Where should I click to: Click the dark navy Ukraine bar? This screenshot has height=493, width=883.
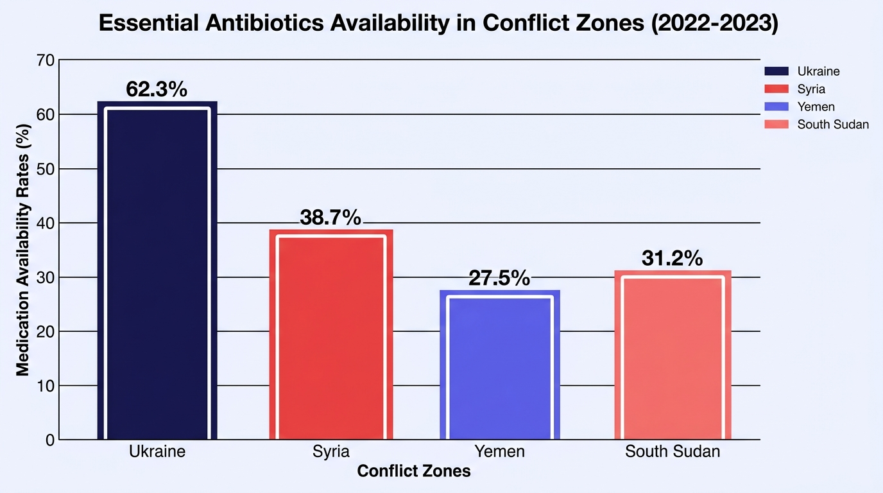[x=157, y=270]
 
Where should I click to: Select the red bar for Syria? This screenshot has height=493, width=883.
[x=331, y=334]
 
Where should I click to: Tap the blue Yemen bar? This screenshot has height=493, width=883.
[x=500, y=365]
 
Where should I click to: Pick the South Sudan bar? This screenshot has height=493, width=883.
[x=673, y=355]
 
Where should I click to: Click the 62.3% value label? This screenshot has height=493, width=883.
[x=157, y=89]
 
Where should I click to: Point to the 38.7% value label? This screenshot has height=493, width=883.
[x=330, y=217]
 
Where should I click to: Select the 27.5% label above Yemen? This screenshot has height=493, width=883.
[x=499, y=278]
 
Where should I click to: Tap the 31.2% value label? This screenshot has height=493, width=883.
[x=672, y=258]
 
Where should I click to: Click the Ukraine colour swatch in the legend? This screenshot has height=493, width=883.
[x=776, y=71]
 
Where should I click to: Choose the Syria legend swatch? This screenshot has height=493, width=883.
[x=776, y=89]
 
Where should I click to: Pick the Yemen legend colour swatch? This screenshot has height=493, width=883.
[x=776, y=107]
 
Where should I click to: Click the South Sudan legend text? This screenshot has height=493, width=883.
[x=833, y=125]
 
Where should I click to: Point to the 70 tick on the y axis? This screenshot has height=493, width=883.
[x=46, y=60]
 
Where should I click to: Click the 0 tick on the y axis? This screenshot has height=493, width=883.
[x=50, y=440]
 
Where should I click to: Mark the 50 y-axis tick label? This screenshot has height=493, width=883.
[x=46, y=169]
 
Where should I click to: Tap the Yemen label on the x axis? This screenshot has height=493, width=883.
[x=499, y=451]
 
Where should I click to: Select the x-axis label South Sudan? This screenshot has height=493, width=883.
[x=673, y=451]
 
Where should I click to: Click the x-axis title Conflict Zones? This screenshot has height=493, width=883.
[x=414, y=471]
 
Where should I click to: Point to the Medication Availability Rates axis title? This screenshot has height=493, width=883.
[x=23, y=250]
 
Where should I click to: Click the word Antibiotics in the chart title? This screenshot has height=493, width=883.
[x=264, y=23]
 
